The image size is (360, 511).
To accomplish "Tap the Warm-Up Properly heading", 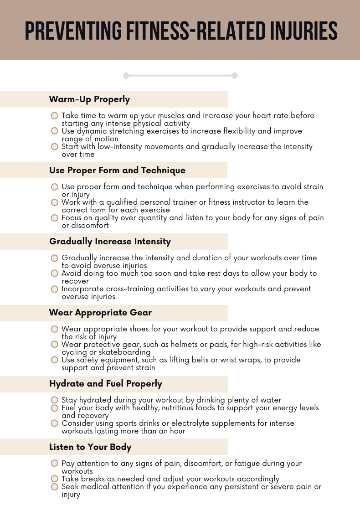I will [89, 99].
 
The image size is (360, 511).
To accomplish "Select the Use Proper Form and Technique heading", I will [117, 170].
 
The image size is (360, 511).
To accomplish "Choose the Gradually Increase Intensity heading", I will [110, 242].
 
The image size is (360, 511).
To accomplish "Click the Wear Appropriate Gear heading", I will [100, 313].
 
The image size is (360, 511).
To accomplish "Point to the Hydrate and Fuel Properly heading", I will [105, 384].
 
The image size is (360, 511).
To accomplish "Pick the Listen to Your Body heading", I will [90, 447].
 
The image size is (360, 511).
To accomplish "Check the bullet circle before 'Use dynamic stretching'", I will [55, 131].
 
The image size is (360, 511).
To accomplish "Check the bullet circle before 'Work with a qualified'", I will [55, 202].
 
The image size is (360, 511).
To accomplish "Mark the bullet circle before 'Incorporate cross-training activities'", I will [55, 289].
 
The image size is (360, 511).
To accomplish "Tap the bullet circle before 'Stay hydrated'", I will [55, 400].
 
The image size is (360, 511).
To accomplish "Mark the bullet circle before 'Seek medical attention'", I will [55, 487].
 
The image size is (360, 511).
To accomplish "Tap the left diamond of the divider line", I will [126, 76].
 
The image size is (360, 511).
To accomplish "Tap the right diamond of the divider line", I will [235, 76].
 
